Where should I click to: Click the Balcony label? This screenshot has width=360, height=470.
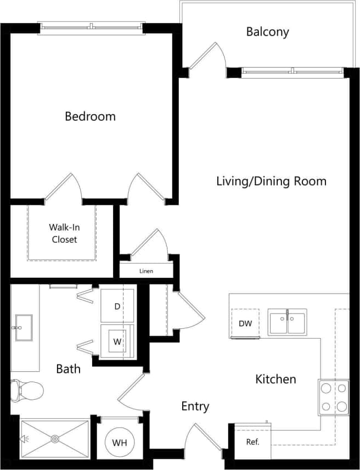[267, 32]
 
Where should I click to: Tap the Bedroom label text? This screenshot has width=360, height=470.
[90, 116]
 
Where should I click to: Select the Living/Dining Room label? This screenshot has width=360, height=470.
[271, 181]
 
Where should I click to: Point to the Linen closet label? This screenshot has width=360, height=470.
[146, 271]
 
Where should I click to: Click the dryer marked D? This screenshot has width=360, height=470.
[117, 306]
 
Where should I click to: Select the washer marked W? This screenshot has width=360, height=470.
[117, 341]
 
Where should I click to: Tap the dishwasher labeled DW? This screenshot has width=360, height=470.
[245, 323]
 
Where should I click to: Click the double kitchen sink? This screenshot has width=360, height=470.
[287, 322]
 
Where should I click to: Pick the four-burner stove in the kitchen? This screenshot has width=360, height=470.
[334, 397]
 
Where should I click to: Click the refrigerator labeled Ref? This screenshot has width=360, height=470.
[252, 441]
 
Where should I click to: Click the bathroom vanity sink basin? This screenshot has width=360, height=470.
[24, 328]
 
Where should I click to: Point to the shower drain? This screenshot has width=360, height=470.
[55, 439]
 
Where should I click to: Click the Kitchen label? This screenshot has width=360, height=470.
[275, 379]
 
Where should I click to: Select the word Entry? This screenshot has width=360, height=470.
[195, 406]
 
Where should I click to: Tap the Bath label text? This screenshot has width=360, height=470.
[68, 368]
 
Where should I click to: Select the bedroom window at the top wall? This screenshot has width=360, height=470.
[91, 26]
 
